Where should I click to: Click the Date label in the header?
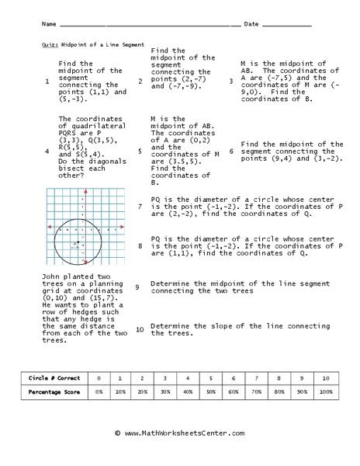click(x=251, y=25)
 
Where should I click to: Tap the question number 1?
click(x=47, y=82)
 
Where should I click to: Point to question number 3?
click(x=230, y=81)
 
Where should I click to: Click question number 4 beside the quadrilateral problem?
click(x=47, y=151)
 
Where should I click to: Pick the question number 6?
click(x=230, y=151)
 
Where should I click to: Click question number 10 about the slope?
click(x=138, y=329)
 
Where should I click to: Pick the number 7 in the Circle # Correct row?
click(x=256, y=378)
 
